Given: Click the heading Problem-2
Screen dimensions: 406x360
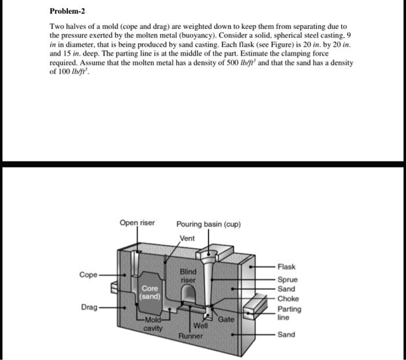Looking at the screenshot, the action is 68,12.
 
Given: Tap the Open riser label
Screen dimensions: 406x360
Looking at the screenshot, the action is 137,223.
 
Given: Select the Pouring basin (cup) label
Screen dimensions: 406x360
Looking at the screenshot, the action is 208,224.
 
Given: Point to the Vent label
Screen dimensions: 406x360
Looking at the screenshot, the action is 187,238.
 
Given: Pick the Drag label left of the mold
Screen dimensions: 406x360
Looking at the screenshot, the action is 89,307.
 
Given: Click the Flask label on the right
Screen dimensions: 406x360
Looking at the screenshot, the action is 287,267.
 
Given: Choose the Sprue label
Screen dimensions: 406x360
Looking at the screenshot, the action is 287,279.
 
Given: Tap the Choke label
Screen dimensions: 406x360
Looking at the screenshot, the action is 288,299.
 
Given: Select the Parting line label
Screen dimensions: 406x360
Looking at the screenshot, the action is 289,313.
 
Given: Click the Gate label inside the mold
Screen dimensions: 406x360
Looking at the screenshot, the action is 226,319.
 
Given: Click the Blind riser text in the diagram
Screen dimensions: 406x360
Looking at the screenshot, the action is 188,275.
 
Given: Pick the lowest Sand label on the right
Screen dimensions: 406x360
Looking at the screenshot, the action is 286,334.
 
